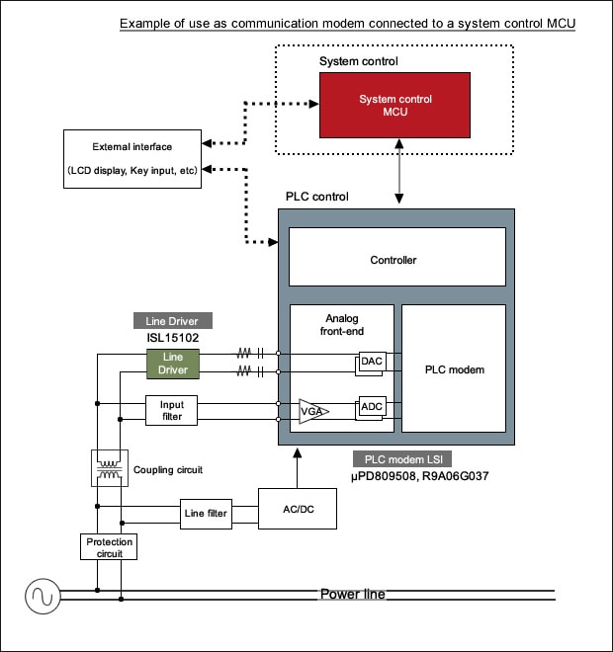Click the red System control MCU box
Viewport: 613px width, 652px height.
pos(394,105)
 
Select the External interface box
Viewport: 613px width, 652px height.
pos(132,159)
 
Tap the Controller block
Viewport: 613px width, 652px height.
pos(397,257)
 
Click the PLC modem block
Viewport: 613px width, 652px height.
pos(454,368)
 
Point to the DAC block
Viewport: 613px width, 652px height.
pos(371,363)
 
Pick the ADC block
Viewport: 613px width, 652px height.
pos(371,408)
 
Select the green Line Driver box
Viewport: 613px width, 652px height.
pos(173,364)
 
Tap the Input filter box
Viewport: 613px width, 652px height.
pos(171,410)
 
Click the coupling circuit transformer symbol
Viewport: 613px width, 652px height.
pos(110,468)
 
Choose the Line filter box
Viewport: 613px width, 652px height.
pos(206,514)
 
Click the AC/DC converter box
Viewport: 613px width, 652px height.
pos(298,509)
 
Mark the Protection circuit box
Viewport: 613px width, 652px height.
pos(109,547)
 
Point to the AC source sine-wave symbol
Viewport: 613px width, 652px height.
pos(43,596)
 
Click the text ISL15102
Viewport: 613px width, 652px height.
pos(173,338)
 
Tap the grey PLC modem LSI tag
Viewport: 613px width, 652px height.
pos(402,459)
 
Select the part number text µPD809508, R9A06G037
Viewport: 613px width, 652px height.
pos(420,476)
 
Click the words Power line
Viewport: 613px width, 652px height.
pos(353,594)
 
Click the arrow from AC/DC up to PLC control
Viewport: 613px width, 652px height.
pos(298,468)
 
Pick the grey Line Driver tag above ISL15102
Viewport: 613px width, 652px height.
pos(173,321)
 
